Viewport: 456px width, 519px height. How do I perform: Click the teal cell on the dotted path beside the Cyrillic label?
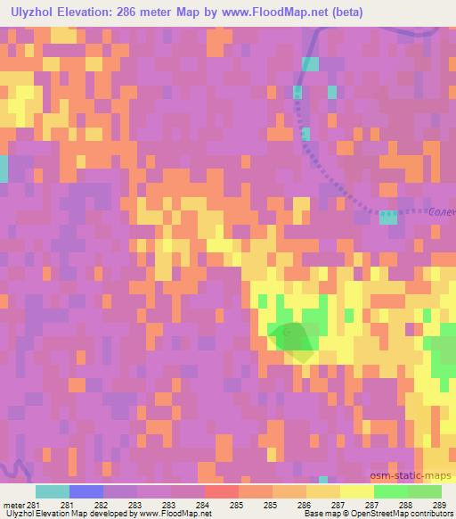[388, 217]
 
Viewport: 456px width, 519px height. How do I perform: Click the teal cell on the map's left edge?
[3, 169]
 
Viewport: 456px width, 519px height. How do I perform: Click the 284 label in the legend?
[203, 504]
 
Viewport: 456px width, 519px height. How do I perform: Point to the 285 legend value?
[237, 504]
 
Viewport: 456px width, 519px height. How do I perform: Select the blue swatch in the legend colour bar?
[85, 491]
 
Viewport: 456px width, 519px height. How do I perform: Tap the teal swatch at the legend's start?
[52, 491]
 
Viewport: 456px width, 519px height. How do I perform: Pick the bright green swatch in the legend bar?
[390, 491]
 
